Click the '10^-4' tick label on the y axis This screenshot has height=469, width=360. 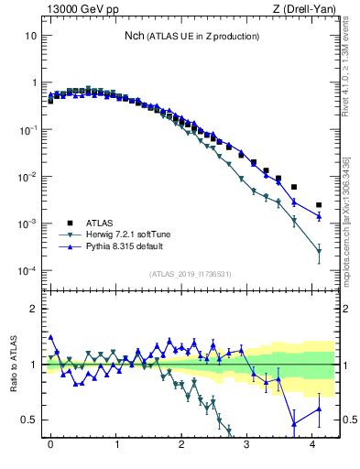pos(27,271)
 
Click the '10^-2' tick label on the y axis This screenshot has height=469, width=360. pos(27,177)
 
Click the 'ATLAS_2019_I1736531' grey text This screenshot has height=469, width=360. pos(190,273)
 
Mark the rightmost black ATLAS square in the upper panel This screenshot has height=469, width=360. pos(319,205)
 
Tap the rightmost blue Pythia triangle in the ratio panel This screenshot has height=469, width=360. pos(319,409)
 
